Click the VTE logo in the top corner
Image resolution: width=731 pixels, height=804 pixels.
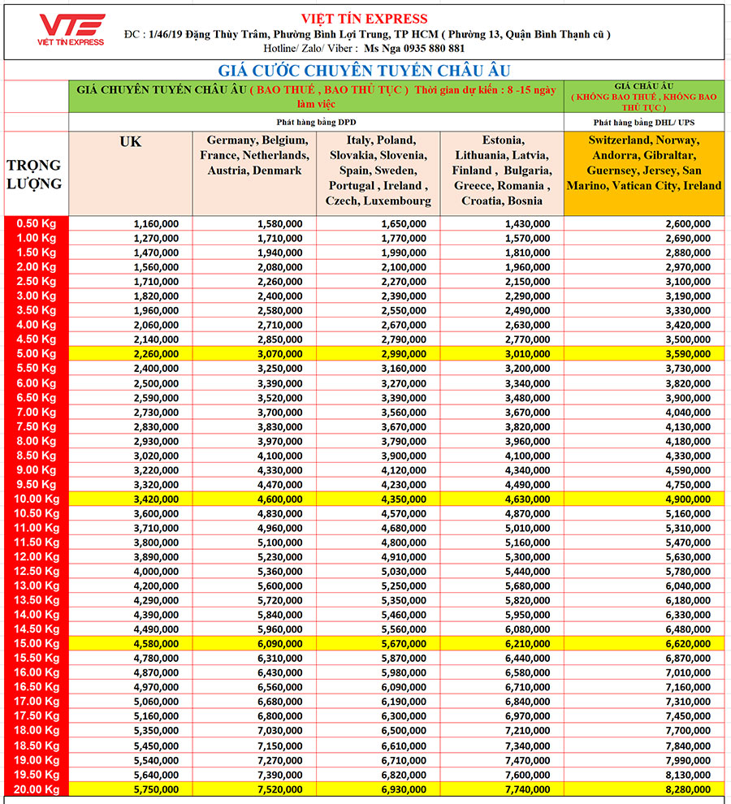(72, 30)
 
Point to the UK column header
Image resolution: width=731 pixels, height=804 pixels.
(130, 142)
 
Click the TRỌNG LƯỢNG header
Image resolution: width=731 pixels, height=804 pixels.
(34, 175)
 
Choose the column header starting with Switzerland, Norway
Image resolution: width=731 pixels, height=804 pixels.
(643, 162)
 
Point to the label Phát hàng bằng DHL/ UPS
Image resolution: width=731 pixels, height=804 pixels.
(643, 121)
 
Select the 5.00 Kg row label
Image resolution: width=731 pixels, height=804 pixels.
(37, 353)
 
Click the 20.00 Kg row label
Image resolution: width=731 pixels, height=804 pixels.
(37, 789)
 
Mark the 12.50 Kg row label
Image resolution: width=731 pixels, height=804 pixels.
(37, 571)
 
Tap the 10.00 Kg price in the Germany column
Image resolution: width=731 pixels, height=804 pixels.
(280, 499)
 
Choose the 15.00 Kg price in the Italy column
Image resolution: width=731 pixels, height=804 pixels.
(404, 644)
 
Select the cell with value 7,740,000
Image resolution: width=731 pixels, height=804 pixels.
(527, 789)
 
